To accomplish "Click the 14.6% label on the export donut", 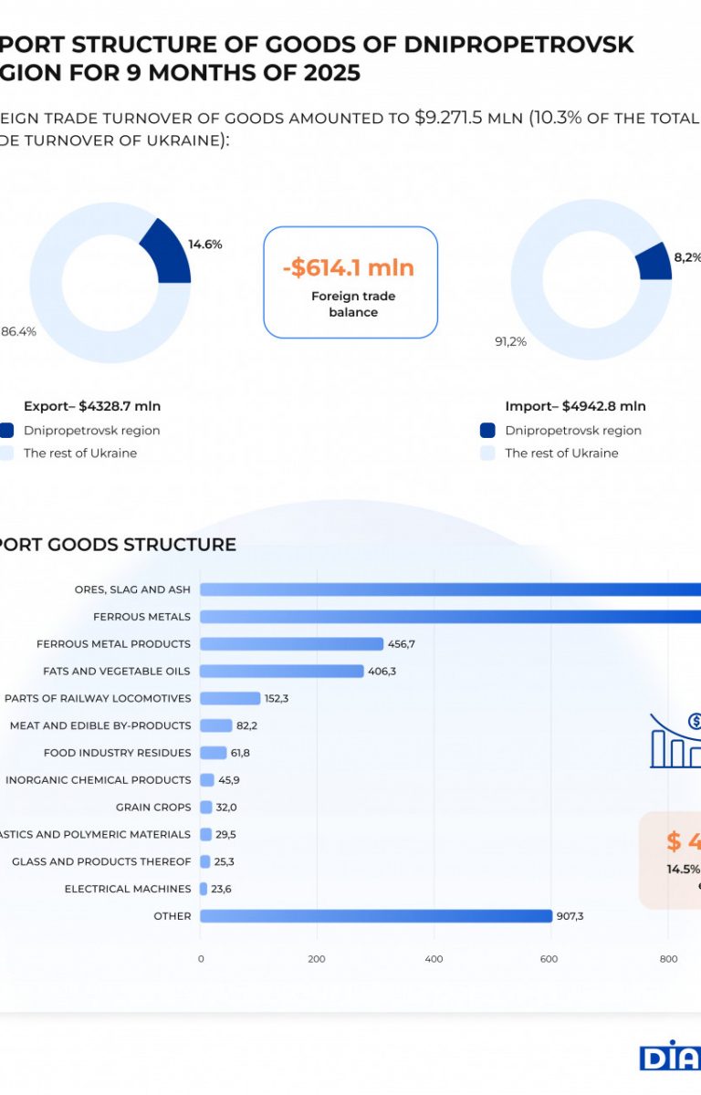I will click(204, 245).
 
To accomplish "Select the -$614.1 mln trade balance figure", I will click(349, 268).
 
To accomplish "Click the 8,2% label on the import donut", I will click(685, 258).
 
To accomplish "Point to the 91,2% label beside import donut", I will click(510, 342).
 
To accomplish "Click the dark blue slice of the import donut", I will click(655, 262).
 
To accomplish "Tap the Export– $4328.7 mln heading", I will click(92, 406).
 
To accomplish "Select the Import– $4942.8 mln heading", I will click(575, 406).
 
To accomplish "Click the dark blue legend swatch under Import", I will click(487, 431).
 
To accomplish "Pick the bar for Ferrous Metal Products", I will click(291, 644).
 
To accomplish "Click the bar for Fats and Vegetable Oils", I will click(281, 672).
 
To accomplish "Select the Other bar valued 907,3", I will click(376, 916).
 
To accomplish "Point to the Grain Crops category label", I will click(153, 808).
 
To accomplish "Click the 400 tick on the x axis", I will click(434, 959).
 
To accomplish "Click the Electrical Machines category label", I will click(128, 889).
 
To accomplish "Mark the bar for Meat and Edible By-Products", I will click(216, 725).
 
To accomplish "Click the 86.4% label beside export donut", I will click(18, 332).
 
